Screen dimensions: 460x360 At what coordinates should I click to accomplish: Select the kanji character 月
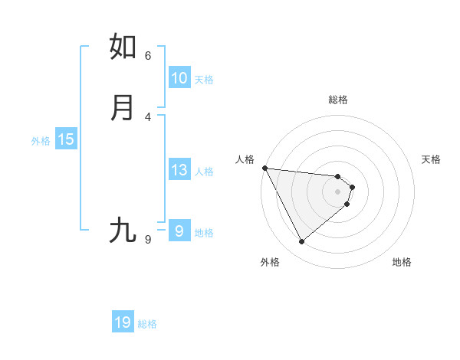[x=123, y=107]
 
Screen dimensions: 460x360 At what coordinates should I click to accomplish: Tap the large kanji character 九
[x=123, y=230]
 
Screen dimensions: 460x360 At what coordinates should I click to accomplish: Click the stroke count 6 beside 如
[x=148, y=55]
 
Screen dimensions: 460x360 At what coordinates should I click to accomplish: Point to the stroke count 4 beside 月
[x=148, y=116]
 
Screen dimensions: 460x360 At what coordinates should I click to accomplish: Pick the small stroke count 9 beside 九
[x=148, y=240]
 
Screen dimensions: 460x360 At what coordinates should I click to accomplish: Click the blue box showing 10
[x=179, y=78]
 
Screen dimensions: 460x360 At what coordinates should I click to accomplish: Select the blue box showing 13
[x=179, y=170]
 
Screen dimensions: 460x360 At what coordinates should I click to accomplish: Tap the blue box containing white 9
[x=179, y=231]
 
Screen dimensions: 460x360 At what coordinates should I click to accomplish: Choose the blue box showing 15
[x=66, y=139]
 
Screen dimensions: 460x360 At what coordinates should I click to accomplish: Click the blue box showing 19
[x=123, y=323]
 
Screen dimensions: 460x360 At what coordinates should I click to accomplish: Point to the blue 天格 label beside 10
[x=204, y=80]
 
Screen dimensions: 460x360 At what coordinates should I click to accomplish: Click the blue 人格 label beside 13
[x=204, y=172]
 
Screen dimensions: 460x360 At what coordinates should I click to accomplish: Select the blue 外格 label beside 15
[x=41, y=141]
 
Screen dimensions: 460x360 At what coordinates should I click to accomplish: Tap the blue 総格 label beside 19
[x=147, y=325]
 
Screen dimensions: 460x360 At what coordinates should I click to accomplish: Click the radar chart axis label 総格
[x=338, y=100]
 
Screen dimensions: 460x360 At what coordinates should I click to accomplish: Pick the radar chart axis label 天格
[x=431, y=159]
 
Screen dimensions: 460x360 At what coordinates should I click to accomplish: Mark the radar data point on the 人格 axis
[x=264, y=168]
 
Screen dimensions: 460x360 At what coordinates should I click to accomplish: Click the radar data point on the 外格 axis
[x=301, y=242]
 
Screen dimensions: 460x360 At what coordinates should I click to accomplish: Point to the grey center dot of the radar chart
[x=338, y=191]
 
